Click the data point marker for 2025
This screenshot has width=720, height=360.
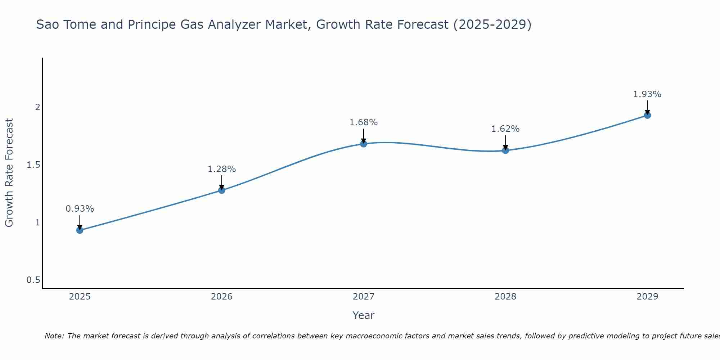[x=80, y=230]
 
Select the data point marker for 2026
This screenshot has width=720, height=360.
[x=222, y=190]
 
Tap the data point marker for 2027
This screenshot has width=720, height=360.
[x=364, y=144]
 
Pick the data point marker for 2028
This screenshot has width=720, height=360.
[x=505, y=150]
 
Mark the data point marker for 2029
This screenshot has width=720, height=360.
[x=647, y=115]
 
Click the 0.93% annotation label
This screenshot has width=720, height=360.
[x=80, y=209]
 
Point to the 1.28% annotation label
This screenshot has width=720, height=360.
[x=222, y=169]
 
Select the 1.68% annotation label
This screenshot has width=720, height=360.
[x=364, y=122]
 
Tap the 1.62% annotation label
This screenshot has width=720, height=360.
[x=505, y=129]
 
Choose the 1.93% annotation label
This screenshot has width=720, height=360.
[x=647, y=94]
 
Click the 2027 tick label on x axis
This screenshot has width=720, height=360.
[x=364, y=297]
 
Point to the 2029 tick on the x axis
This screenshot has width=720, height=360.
[x=647, y=297]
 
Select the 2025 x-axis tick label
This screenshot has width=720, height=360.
[x=80, y=297]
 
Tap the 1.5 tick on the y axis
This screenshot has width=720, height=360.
[x=33, y=165]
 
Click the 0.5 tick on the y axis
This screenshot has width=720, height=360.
[x=33, y=280]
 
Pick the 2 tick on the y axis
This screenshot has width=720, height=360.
[x=37, y=107]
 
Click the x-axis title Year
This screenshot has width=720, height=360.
[x=364, y=315]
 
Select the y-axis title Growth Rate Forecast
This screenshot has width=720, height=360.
[x=9, y=173]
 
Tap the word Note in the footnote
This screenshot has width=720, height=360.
[x=54, y=336]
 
